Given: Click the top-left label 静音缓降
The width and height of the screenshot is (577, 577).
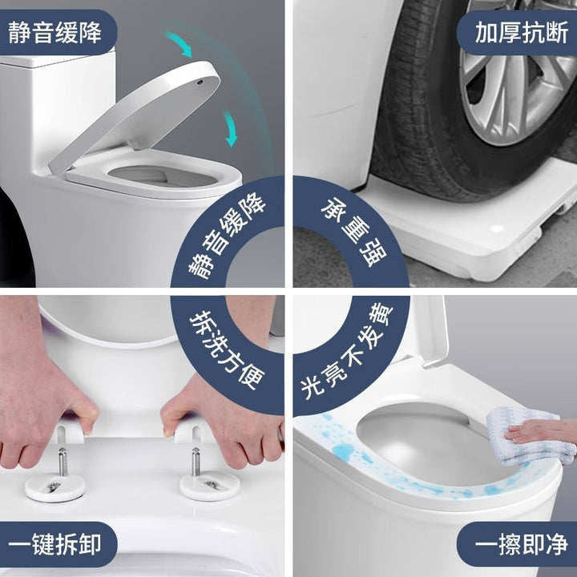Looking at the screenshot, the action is (54, 32).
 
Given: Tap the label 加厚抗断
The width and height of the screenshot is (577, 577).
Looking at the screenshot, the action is (522, 32).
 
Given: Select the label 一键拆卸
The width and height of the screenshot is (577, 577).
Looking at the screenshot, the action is (54, 544).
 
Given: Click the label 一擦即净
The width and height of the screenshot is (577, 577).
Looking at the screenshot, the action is (522, 544).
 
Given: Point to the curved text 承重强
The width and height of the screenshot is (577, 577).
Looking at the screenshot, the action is (354, 232).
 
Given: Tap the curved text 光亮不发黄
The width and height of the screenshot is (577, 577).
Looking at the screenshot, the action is (347, 349).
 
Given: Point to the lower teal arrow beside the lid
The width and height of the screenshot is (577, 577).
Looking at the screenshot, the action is (231, 129).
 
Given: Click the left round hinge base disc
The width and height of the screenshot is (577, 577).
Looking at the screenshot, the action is (54, 487).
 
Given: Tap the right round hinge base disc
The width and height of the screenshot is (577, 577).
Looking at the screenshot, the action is (210, 486).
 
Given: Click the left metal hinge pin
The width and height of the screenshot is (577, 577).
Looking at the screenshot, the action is (63, 462).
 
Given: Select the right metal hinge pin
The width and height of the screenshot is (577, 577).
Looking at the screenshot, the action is (196, 462).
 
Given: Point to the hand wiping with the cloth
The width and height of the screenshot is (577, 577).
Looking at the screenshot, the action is (541, 431).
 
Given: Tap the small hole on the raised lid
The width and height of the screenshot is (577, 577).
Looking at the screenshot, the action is (200, 82).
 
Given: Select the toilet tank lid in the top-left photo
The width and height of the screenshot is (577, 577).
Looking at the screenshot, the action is (57, 59).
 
